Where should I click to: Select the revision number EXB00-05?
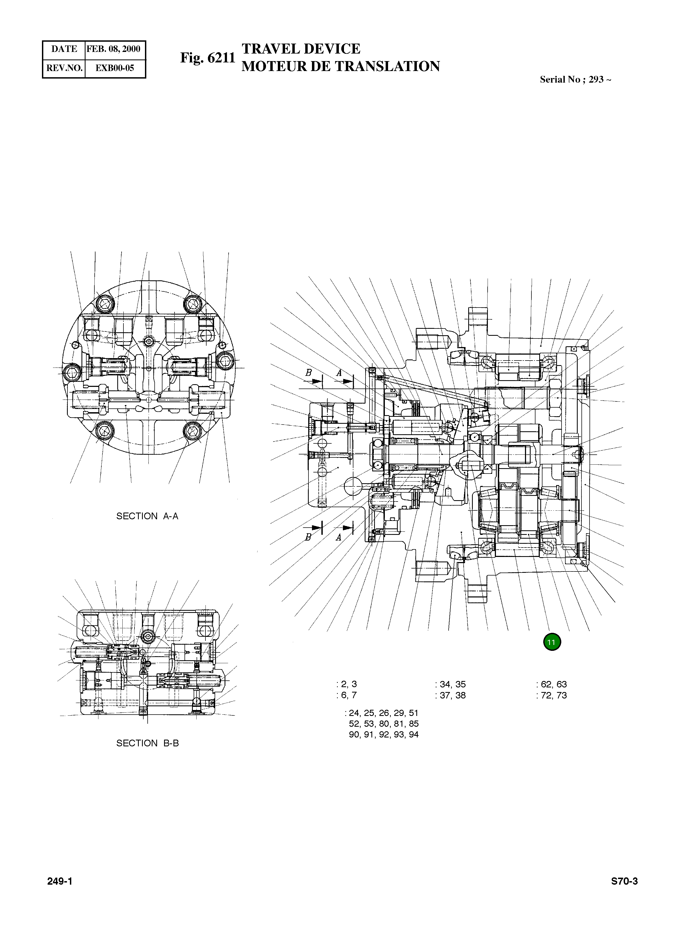click(115, 68)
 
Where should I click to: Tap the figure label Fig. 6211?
click(208, 58)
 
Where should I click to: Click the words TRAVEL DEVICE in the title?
click(301, 49)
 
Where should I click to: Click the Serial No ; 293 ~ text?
click(575, 80)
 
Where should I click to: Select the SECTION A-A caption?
click(147, 516)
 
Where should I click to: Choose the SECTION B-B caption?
click(147, 743)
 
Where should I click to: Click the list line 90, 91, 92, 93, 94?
click(383, 735)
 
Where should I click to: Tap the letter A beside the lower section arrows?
click(339, 537)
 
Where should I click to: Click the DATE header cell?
click(64, 49)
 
